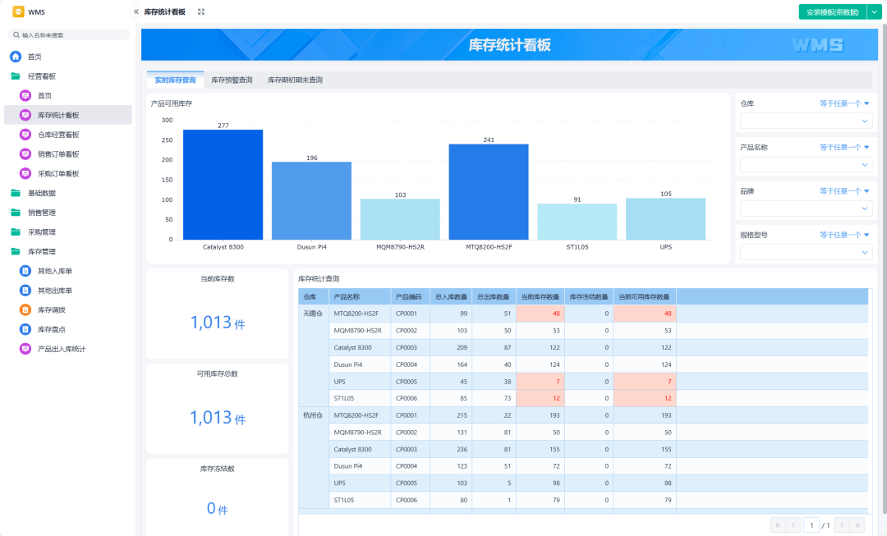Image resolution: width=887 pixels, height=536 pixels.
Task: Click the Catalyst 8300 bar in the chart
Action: [223, 185]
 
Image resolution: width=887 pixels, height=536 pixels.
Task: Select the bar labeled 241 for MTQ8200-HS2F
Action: [489, 192]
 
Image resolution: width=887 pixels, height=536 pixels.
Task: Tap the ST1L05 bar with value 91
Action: [577, 222]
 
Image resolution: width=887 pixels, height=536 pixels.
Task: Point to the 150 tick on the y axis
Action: [167, 180]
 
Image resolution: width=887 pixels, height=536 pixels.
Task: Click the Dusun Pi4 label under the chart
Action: [312, 247]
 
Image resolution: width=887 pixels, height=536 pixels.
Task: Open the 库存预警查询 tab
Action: [232, 80]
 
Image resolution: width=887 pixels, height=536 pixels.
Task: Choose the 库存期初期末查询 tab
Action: [296, 80]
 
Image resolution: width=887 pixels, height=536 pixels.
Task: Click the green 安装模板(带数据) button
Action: [833, 11]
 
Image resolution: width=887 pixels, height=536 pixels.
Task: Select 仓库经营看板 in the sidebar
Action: [58, 135]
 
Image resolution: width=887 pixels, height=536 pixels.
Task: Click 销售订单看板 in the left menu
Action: [58, 154]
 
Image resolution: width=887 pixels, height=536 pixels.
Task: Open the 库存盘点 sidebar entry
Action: [52, 330]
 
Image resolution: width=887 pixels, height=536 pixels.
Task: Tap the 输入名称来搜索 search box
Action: [69, 35]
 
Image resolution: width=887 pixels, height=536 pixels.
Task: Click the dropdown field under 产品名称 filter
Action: [807, 164]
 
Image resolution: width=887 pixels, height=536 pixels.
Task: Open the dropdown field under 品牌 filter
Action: [807, 208]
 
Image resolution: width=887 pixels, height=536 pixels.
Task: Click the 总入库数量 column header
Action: [451, 297]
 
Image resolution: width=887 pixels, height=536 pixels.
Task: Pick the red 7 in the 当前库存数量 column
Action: [558, 382]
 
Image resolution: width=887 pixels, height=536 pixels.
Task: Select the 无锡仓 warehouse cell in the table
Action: [313, 314]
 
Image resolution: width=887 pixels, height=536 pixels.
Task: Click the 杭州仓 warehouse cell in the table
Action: [313, 415]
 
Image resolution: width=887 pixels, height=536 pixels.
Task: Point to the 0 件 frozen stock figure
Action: [217, 509]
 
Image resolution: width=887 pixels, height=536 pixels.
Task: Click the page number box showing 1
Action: [811, 525]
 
